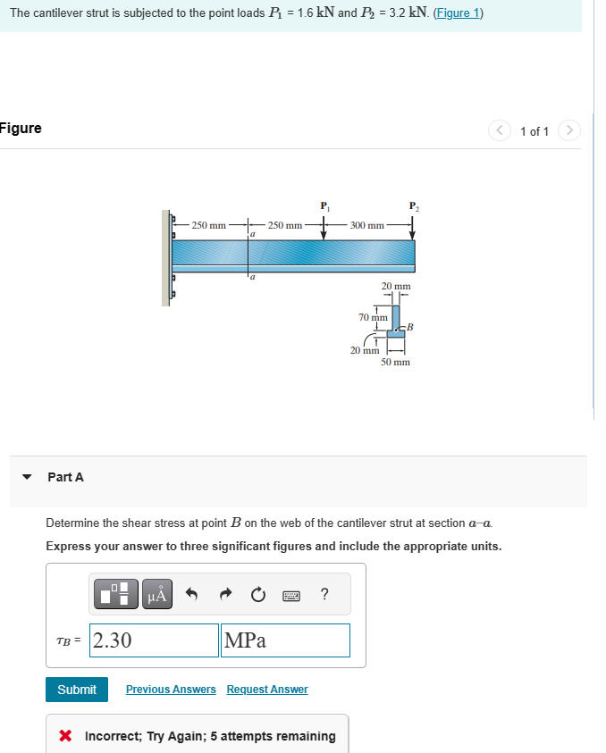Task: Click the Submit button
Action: tap(77, 690)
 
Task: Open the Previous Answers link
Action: tap(171, 690)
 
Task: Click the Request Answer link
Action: tap(267, 690)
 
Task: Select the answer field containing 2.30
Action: tap(154, 640)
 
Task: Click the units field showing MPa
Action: tap(284, 640)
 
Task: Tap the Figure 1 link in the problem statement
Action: tap(459, 14)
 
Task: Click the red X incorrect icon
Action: tap(65, 737)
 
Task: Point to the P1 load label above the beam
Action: tap(324, 208)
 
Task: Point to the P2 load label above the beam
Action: tap(413, 208)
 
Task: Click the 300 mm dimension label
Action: tap(366, 225)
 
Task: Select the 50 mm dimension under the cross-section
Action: tap(395, 363)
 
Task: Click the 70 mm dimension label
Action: tap(372, 317)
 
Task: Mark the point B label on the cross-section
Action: tap(411, 328)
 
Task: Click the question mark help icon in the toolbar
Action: tap(324, 594)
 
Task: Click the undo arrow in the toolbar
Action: tap(190, 594)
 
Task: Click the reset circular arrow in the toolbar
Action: tap(259, 594)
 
